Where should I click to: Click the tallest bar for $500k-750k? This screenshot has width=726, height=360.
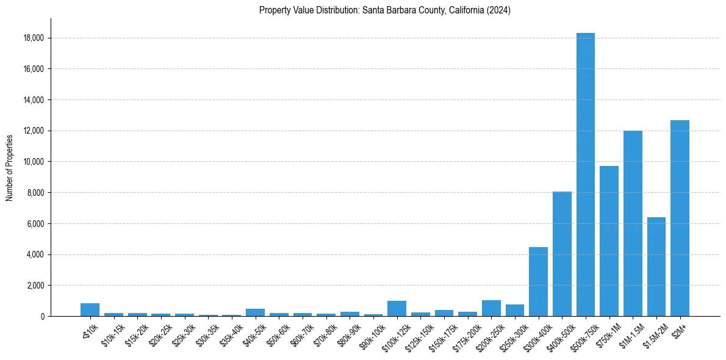point(586,177)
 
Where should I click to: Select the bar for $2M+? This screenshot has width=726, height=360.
point(680,220)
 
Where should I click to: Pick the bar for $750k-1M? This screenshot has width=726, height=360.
point(609,242)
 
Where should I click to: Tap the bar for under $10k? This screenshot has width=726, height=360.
point(90,310)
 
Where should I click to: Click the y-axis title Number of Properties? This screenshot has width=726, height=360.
point(9,168)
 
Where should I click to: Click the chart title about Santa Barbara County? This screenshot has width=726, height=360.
point(384,10)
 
